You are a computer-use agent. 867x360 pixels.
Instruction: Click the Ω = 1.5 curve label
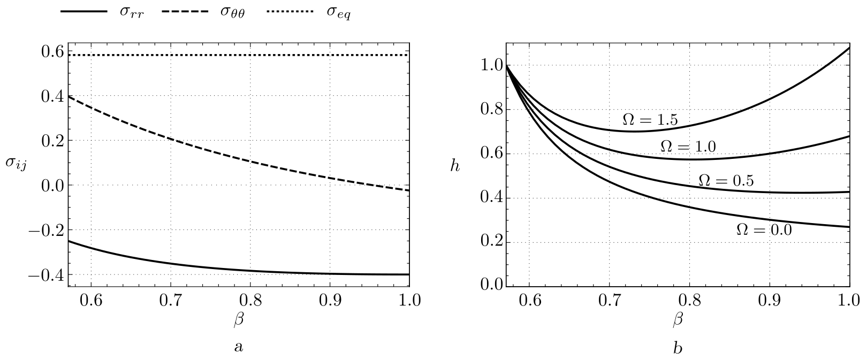click(x=650, y=120)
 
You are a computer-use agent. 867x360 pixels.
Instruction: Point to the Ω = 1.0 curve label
click(x=688, y=146)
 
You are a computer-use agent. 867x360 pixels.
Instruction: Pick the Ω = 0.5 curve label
click(x=726, y=181)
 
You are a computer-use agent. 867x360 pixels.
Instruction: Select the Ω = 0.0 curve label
click(x=764, y=229)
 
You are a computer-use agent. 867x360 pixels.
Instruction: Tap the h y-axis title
click(x=455, y=166)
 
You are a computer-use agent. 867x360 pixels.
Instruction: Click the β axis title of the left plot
click(x=239, y=320)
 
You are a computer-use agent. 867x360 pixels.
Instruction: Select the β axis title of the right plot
click(x=678, y=320)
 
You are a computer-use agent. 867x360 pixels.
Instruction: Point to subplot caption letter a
click(x=239, y=347)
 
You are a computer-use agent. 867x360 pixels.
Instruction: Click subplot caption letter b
click(x=678, y=348)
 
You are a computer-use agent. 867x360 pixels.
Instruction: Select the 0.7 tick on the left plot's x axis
click(x=170, y=300)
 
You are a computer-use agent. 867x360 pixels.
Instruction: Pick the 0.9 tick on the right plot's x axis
click(x=769, y=300)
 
